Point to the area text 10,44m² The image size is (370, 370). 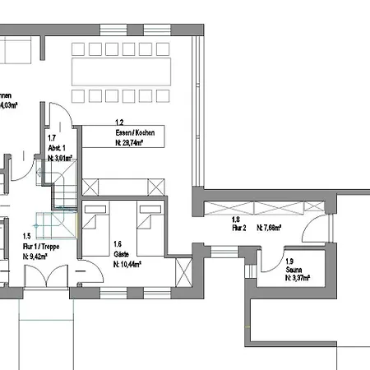127,265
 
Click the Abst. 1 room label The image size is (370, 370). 56,147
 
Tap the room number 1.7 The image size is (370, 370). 52,138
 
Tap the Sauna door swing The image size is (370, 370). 269,259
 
